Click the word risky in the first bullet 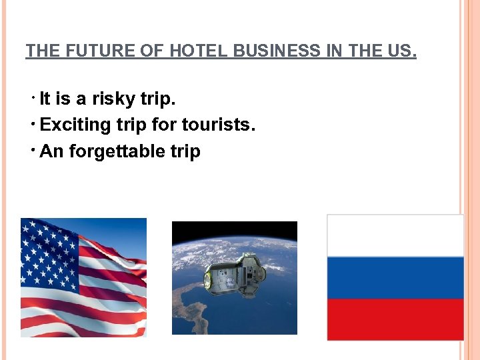point(114,99)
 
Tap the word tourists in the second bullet point(219,125)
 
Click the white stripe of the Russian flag point(395,236)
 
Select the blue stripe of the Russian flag point(395,277)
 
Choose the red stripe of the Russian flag point(395,319)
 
